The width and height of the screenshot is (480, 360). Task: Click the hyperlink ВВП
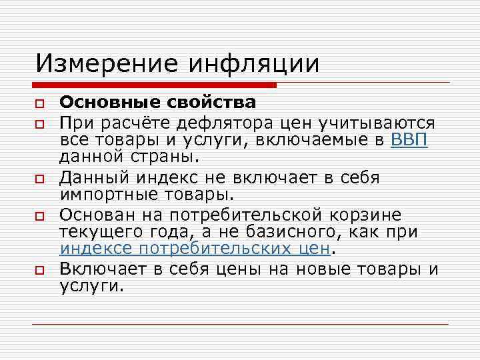409,140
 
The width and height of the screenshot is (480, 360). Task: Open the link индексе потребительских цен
195,249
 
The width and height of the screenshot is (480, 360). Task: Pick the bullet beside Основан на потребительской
40,217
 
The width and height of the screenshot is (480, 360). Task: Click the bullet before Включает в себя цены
40,271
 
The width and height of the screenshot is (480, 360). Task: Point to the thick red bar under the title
154,85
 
